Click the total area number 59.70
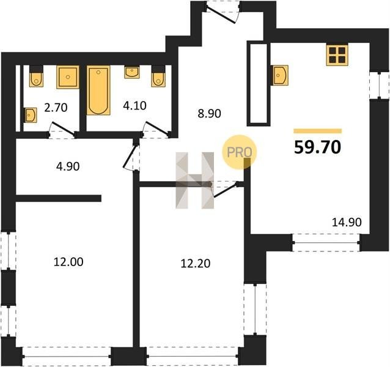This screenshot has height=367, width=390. coord(317,147)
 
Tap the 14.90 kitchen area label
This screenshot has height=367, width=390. coord(347,222)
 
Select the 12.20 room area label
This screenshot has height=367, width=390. coord(196,264)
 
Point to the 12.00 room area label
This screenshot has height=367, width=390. coord(68,262)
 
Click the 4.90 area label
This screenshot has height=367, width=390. coord(68,166)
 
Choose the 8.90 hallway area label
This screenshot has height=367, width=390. coord(210,114)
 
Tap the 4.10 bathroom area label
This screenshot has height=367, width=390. coord(134,106)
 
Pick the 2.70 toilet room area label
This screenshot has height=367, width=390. coord(56,108)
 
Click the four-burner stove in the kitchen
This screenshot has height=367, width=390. coord(337,55)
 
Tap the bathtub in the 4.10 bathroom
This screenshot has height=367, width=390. coord(98,90)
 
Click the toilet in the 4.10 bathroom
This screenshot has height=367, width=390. coord(158,76)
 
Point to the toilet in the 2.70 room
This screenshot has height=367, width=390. coord(36,76)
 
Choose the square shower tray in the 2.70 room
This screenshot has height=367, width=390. coord(68,77)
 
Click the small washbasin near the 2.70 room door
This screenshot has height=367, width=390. coord(31,115)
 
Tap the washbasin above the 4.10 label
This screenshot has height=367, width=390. coord(132,72)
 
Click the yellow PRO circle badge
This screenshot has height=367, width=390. coord(239,152)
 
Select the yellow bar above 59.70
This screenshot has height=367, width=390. coord(318,131)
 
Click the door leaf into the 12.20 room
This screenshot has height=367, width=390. coord(225,191)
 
